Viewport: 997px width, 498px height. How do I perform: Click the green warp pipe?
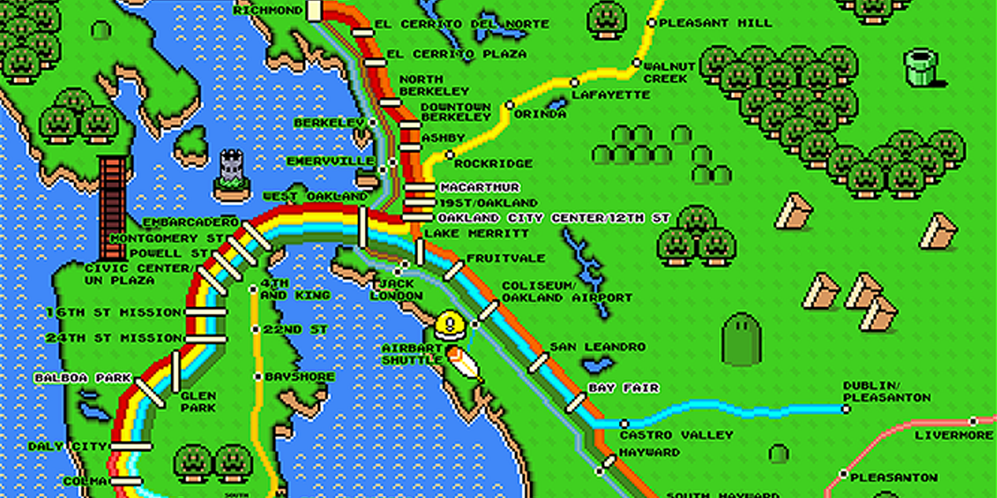point(921,67)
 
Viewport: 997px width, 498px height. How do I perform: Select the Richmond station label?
point(268,11)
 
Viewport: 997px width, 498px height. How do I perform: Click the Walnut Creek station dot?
point(636,62)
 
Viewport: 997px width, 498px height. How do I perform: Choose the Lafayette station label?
point(611,95)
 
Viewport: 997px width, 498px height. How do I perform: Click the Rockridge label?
point(494,164)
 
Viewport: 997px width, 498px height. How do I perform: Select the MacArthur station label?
point(479,188)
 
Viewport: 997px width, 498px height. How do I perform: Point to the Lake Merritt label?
point(464,234)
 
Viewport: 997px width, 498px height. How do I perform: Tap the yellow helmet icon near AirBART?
point(449,324)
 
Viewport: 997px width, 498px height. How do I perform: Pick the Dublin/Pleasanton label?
point(886,392)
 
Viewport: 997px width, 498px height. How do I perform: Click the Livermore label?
point(953,435)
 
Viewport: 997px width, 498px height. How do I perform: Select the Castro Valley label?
point(676,435)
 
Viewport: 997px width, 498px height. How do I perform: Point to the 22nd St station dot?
point(256,330)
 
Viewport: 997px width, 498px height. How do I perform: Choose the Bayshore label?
point(299,377)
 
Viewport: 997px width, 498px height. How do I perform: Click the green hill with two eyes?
point(741,338)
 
